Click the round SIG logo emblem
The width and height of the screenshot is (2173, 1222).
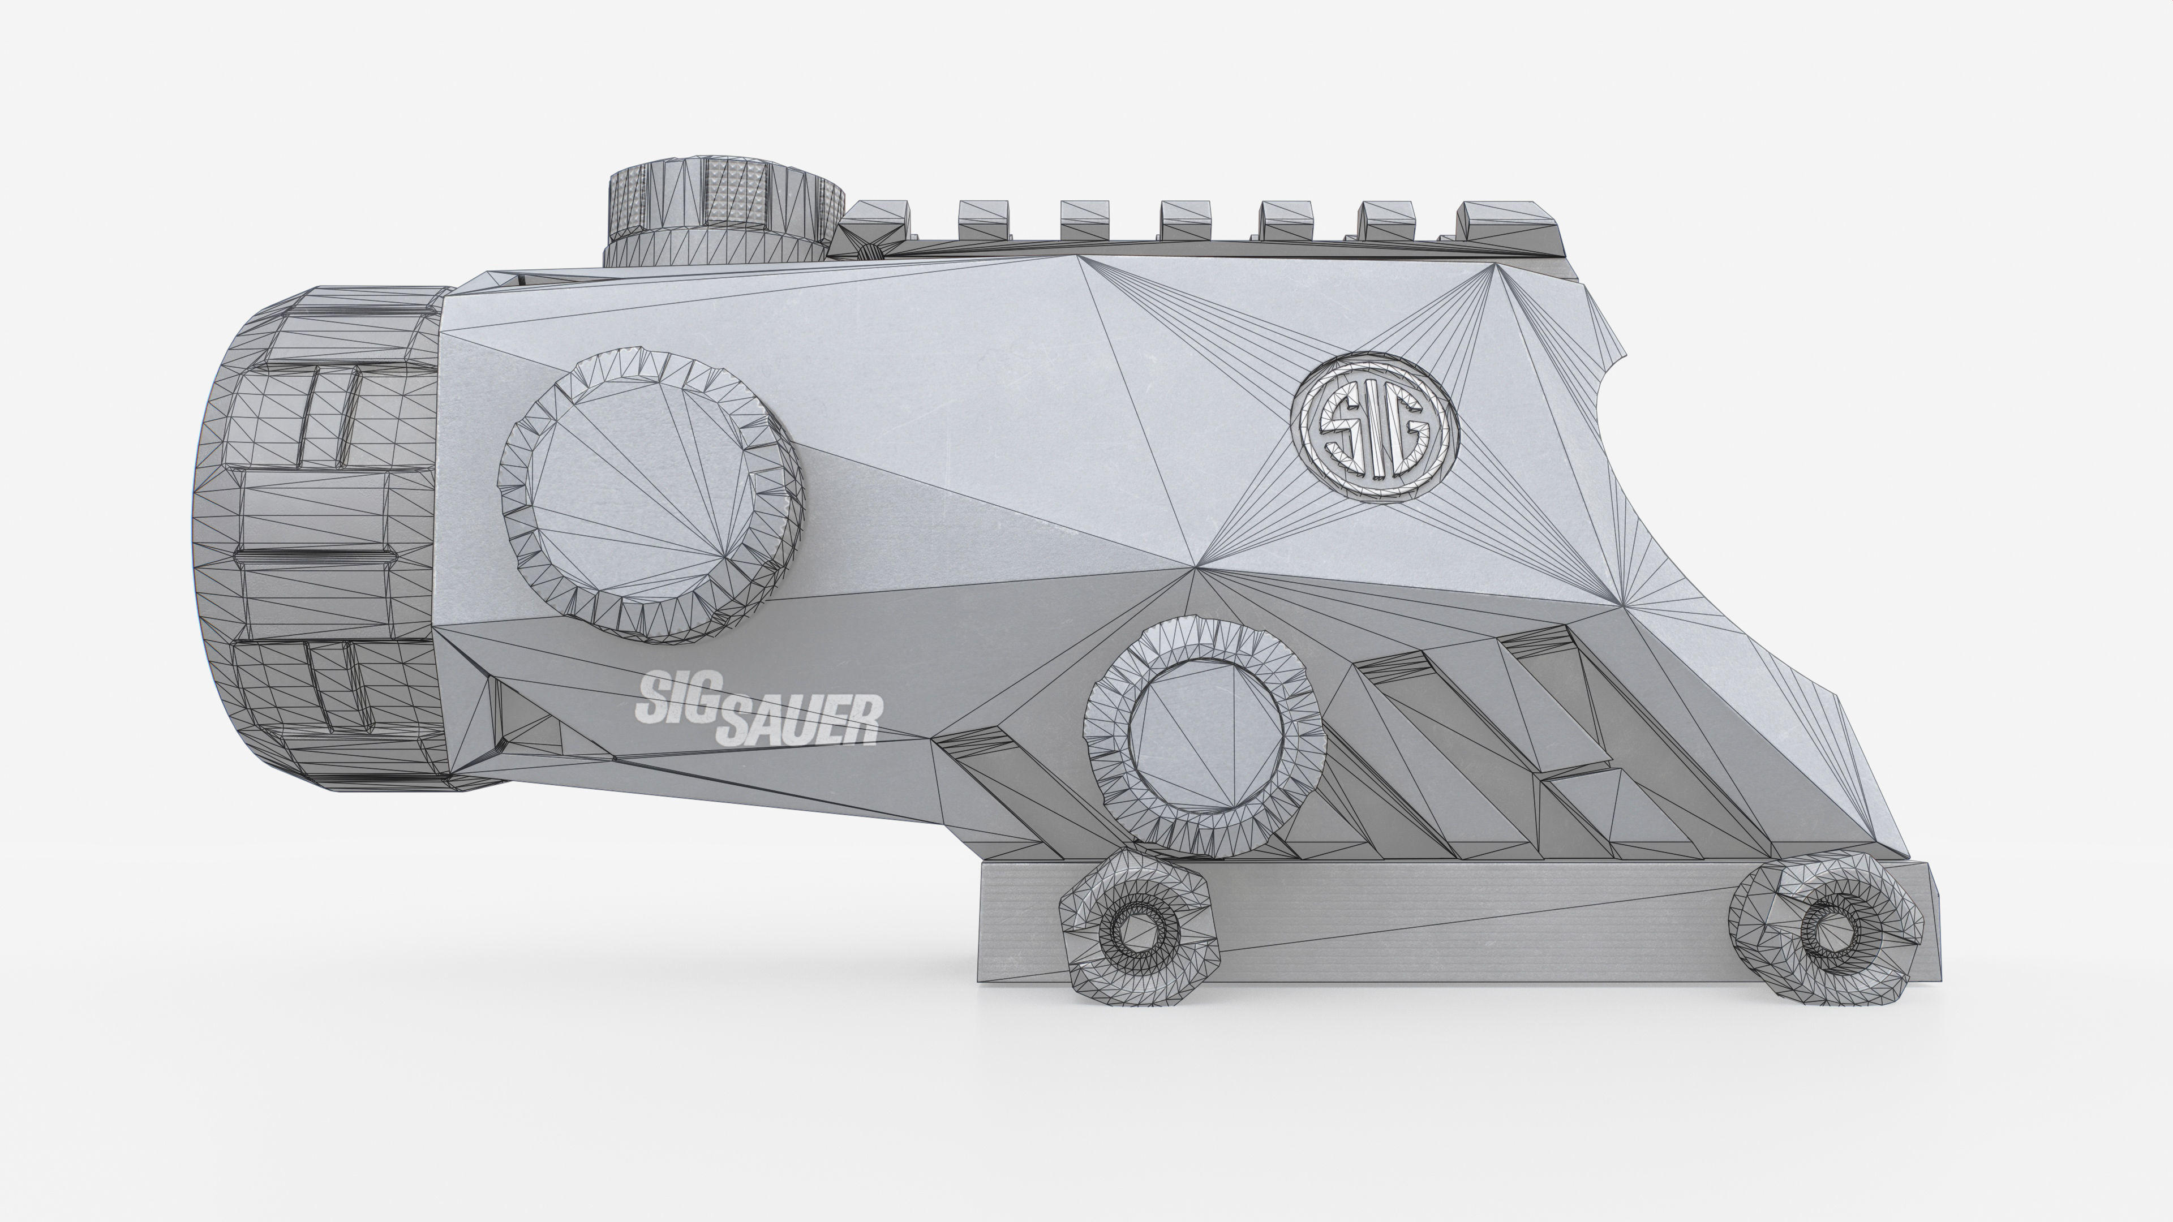[x=1373, y=428]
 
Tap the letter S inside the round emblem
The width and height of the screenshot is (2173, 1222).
[x=1339, y=430]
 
